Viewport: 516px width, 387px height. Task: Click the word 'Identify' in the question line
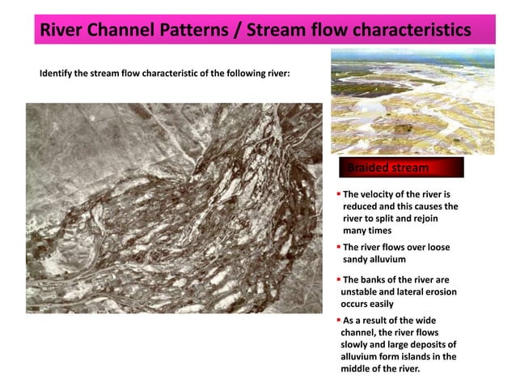(x=57, y=74)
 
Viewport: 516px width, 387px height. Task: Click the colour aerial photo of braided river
(x=412, y=100)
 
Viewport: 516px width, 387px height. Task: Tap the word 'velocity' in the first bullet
(x=379, y=194)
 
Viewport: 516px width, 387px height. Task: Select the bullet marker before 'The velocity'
(x=338, y=194)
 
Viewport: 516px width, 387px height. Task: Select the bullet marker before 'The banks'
(x=338, y=279)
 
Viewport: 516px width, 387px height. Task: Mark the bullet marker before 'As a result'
(x=338, y=320)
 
